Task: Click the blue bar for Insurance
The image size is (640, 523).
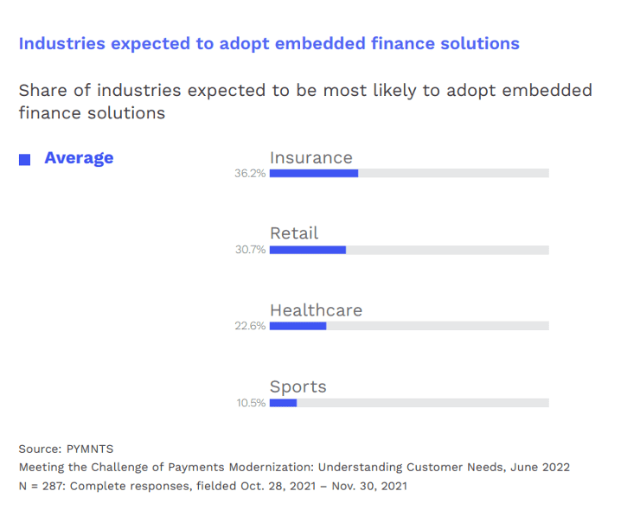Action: [314, 173]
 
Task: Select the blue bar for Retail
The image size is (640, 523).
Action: [308, 250]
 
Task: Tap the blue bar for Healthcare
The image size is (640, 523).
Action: [298, 326]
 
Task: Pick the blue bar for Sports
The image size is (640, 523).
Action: [284, 403]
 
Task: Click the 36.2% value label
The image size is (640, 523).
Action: [250, 174]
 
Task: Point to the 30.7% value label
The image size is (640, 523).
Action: [250, 251]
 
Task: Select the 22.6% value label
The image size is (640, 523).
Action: [250, 327]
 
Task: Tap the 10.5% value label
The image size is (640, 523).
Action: [251, 404]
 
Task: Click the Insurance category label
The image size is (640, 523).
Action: [311, 157]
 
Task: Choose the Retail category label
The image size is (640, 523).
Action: [294, 233]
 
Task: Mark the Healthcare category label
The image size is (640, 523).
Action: [316, 310]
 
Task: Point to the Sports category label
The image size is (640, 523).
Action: [298, 386]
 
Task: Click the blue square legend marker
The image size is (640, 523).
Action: [25, 159]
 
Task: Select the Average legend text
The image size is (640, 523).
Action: [79, 158]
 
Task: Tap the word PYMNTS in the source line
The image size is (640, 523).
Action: [90, 449]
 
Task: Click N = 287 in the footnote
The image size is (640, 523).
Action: [41, 486]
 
